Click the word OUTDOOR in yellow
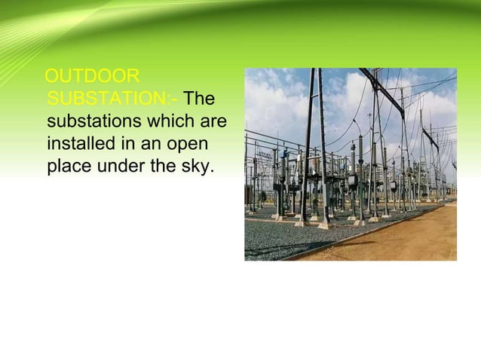pos(92,77)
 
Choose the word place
pos(69,166)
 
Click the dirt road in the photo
pos(407,237)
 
